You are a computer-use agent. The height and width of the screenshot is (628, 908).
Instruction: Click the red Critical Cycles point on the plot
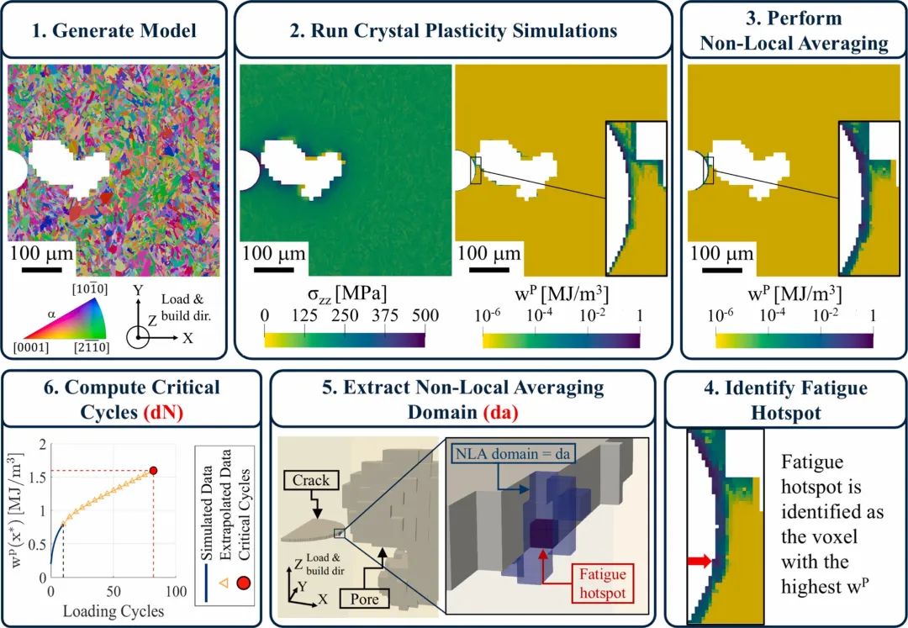click(x=153, y=471)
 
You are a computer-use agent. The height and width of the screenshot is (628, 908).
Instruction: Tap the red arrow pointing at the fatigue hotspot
click(x=699, y=561)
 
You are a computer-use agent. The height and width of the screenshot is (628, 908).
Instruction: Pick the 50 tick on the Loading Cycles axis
click(x=113, y=592)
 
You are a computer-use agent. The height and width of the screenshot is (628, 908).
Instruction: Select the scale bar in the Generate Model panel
click(x=42, y=269)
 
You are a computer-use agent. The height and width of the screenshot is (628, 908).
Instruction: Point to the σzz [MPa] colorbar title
click(x=345, y=294)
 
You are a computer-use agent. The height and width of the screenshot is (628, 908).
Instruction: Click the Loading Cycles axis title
click(x=113, y=610)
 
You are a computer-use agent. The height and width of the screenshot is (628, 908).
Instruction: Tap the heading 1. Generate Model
click(x=115, y=30)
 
